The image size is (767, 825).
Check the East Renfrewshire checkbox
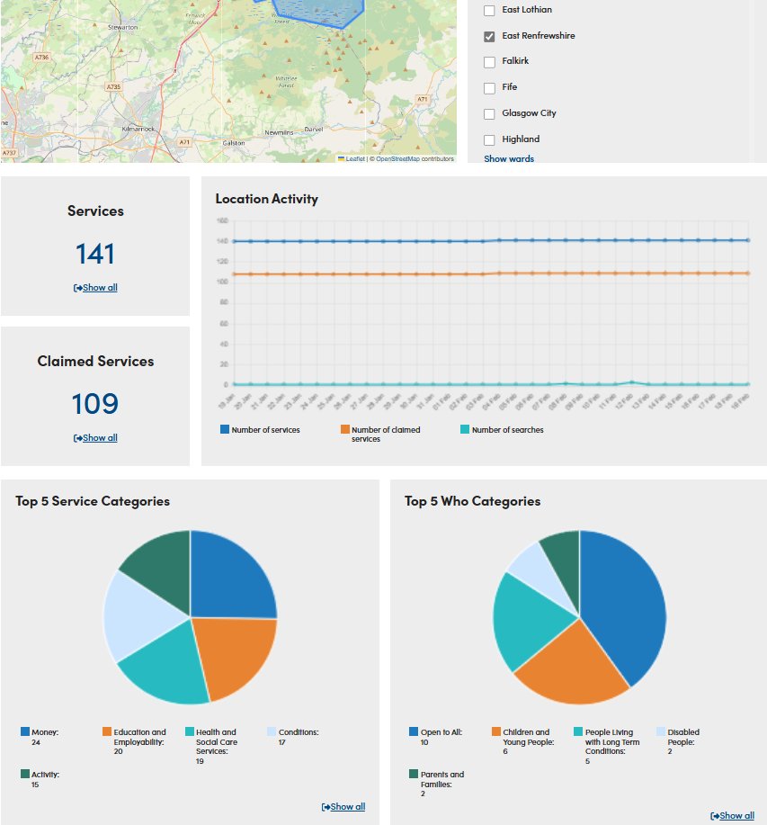point(489,36)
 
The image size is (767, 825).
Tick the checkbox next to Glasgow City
point(489,114)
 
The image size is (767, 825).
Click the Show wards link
point(509,159)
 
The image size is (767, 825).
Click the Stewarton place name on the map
point(122,28)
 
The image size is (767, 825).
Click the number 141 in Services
point(95,254)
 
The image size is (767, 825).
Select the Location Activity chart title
point(266,199)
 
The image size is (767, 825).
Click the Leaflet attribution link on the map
point(355,159)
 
